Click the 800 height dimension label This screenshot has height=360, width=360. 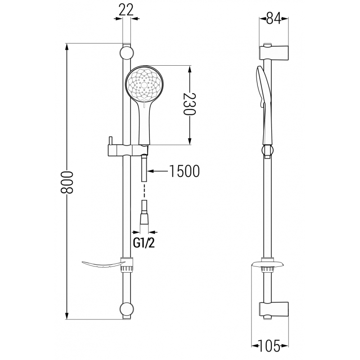pos(66,182)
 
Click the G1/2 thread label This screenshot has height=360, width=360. pos(144,243)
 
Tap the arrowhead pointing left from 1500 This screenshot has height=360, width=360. pos(150,171)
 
